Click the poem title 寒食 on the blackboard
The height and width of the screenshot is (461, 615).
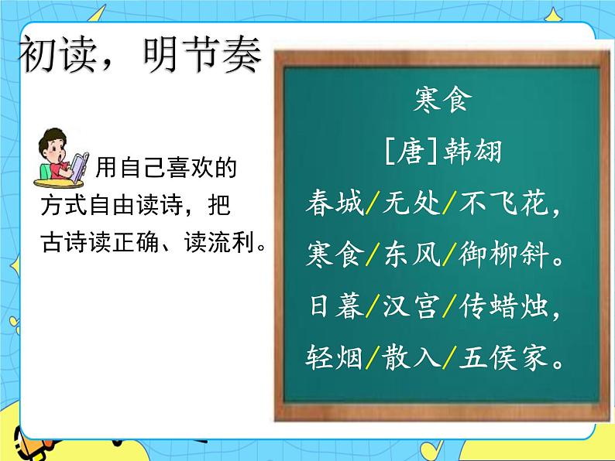click(443, 101)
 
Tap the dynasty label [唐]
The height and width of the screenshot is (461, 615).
click(403, 151)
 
